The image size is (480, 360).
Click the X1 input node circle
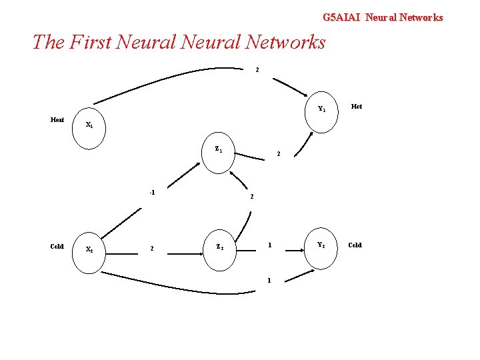point(89,124)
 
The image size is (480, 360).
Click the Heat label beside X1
point(57,120)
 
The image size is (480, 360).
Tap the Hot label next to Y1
point(357,107)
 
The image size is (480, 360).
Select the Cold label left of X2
point(57,246)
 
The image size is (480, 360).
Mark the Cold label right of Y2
point(355,245)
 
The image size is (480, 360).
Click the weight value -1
point(152,193)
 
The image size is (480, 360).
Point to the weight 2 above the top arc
point(257,70)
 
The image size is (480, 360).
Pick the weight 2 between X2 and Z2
point(152,249)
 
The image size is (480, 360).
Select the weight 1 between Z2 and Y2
point(269,245)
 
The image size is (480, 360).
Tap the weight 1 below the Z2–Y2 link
point(269,280)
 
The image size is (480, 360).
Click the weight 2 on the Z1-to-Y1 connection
point(279,154)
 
